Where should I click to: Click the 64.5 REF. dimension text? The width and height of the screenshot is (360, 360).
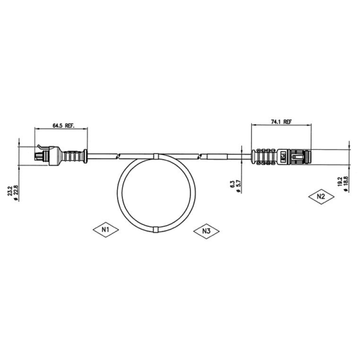(64, 126)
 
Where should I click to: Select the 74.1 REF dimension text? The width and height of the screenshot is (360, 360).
(281, 122)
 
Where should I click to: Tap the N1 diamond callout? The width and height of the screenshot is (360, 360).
(106, 229)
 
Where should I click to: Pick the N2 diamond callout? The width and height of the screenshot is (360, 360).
(321, 197)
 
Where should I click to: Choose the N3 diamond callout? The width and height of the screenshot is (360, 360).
(206, 231)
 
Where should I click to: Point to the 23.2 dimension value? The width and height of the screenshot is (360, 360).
(10, 191)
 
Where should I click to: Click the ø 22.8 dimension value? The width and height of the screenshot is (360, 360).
(16, 193)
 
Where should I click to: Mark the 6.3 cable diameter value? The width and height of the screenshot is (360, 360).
(232, 185)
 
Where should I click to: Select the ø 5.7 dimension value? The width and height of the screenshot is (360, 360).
(238, 187)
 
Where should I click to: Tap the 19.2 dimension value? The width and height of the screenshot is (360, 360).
(340, 181)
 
